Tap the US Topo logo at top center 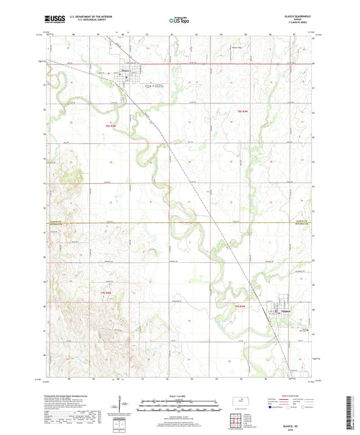coord(179,21)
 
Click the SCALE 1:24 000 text coord(180,396)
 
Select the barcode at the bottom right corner coord(351,413)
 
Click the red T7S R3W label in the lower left coord(105,292)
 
